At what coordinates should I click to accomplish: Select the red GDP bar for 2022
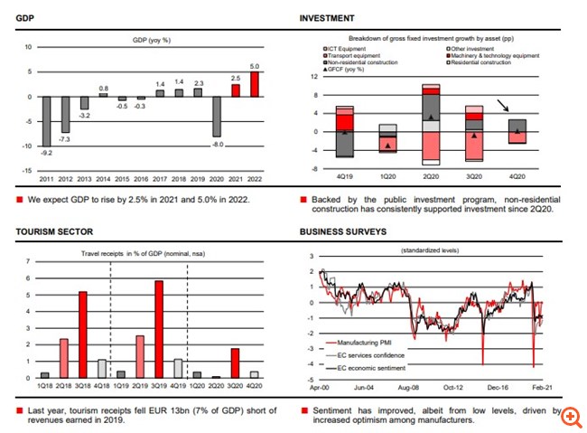255,84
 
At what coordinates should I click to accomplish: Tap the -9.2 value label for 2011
46,155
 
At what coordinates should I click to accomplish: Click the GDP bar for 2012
65,115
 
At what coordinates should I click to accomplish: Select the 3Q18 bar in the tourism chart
83,334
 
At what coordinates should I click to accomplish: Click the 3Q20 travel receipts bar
235,362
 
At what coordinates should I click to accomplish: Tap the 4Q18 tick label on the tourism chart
102,387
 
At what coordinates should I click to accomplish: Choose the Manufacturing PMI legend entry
365,344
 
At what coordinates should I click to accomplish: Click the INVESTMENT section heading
327,18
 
